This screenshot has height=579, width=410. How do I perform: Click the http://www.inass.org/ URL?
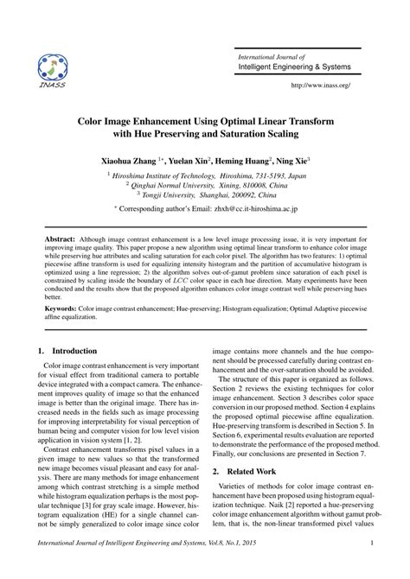point(321,85)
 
